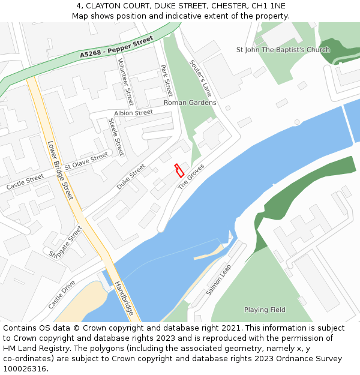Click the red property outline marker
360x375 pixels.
(x=179, y=170)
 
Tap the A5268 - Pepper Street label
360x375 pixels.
(x=117, y=47)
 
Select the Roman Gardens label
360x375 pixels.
(x=190, y=103)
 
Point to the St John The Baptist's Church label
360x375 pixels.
(x=283, y=50)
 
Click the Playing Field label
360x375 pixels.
(x=265, y=310)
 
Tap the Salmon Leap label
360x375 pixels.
(x=219, y=279)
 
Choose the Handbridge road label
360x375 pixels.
(x=124, y=299)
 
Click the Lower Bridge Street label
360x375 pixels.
(x=60, y=170)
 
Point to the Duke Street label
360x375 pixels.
(x=131, y=177)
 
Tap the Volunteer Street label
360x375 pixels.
(x=125, y=82)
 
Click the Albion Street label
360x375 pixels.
(x=133, y=113)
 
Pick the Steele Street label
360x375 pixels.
(x=116, y=136)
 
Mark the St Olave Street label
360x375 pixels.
(x=86, y=160)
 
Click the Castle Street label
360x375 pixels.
(x=25, y=182)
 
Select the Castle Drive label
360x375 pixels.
(x=62, y=294)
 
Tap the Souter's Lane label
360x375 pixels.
(x=200, y=78)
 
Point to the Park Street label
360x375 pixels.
(x=167, y=80)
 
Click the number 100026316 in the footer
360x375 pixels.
(x=26, y=368)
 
